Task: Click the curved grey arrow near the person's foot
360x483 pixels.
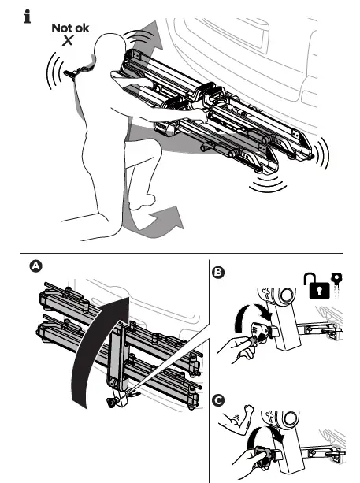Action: [x=167, y=215]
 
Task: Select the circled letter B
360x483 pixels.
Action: [x=218, y=273]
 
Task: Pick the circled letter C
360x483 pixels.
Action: [x=218, y=388]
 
